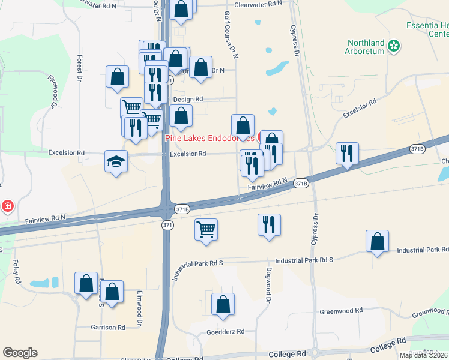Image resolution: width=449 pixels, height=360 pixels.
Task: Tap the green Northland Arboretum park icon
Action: click(x=394, y=46)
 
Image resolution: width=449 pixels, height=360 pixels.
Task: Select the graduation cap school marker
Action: click(x=116, y=161)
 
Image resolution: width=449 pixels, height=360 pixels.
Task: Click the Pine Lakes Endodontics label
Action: click(x=210, y=138)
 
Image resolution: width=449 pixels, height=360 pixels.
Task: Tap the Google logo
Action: click(x=20, y=352)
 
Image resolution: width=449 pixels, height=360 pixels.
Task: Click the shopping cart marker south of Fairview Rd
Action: click(x=206, y=229)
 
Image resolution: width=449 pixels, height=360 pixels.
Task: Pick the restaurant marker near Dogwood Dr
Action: click(x=269, y=225)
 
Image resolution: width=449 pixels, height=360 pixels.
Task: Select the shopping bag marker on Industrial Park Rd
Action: click(x=376, y=241)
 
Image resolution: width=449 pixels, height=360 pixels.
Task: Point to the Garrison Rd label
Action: click(x=108, y=328)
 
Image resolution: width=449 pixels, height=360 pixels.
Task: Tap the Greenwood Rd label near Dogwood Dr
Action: click(x=341, y=311)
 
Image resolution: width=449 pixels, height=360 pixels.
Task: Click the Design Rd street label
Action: click(x=188, y=99)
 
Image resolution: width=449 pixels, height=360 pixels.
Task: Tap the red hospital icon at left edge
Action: click(x=7, y=206)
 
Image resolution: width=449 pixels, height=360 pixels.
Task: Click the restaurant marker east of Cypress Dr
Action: click(x=347, y=154)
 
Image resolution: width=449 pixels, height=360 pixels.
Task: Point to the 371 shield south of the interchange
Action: click(x=169, y=224)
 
